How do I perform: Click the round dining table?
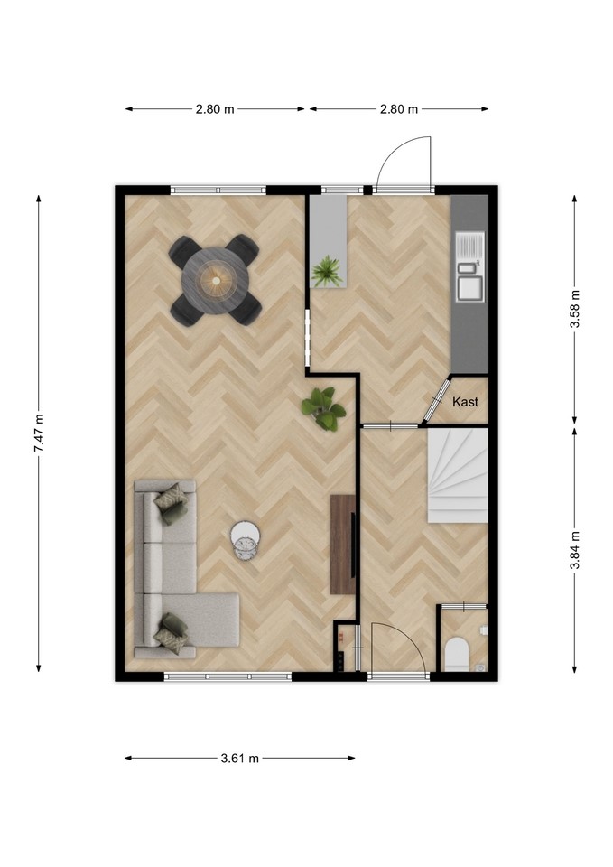pos(216,281)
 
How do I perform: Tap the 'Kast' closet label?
pos(466,402)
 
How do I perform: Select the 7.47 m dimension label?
pos(40,433)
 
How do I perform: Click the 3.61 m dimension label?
pos(240,758)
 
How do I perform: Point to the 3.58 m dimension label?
pos(575,309)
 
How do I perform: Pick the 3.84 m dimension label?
pos(575,550)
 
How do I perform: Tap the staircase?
pos(457,476)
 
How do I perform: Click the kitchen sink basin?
pos(469,288)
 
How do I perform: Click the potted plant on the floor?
pos(323,408)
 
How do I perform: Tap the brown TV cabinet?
pos(343,545)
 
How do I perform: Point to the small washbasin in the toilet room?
pos(484,629)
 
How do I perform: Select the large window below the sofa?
pos(228,676)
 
